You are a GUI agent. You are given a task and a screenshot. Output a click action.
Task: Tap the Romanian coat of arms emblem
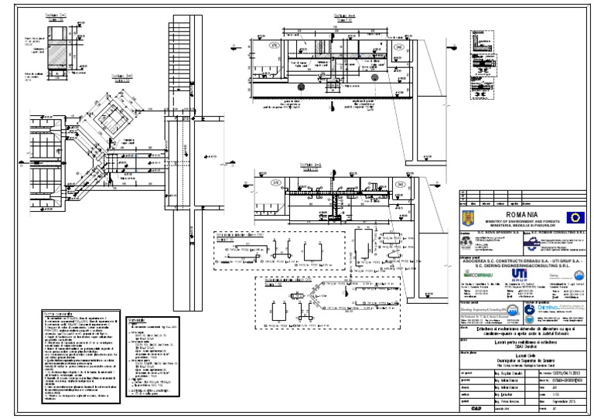[466, 218]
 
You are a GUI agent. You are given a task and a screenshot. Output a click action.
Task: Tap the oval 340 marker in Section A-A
[398, 47]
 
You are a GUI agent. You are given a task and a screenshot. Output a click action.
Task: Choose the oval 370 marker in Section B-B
[276, 182]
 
